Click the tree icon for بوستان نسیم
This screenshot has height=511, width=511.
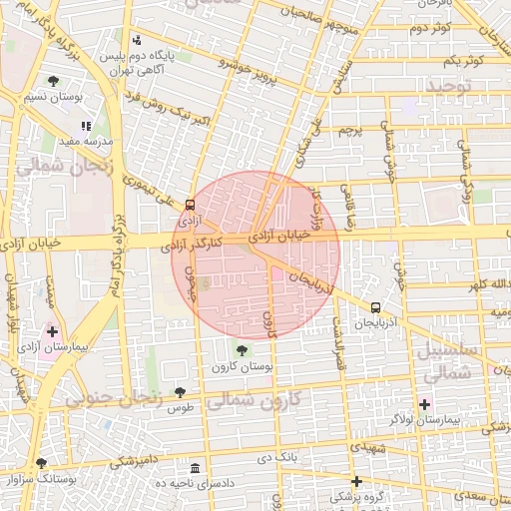pyautogui.click(x=53, y=81)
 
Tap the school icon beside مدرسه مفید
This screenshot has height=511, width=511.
pyautogui.click(x=86, y=127)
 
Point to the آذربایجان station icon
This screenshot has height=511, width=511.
pyautogui.click(x=375, y=308)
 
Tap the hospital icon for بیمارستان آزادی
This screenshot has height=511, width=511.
pyautogui.click(x=52, y=330)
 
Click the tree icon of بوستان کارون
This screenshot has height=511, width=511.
pyautogui.click(x=241, y=349)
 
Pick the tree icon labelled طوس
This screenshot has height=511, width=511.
pyautogui.click(x=180, y=392)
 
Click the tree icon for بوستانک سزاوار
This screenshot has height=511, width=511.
pyautogui.click(x=41, y=463)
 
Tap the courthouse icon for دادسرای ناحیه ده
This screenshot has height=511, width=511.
pyautogui.click(x=194, y=467)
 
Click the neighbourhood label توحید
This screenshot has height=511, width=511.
pyautogui.click(x=454, y=87)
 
